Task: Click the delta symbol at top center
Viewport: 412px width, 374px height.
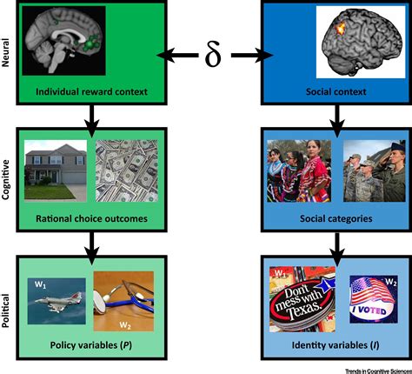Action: (214, 56)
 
